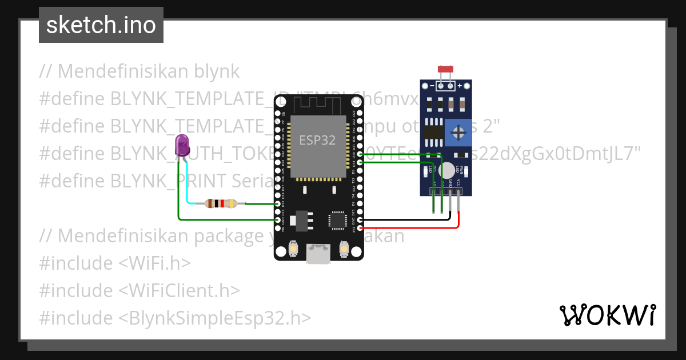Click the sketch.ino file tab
(x=101, y=25)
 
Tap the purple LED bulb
(x=182, y=146)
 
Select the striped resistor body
(x=221, y=203)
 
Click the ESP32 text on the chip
(x=317, y=140)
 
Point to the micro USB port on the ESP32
(x=318, y=253)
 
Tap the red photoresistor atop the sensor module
(x=445, y=70)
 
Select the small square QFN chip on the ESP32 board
(x=337, y=220)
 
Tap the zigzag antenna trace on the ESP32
(x=317, y=104)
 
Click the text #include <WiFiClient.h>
(x=139, y=290)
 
